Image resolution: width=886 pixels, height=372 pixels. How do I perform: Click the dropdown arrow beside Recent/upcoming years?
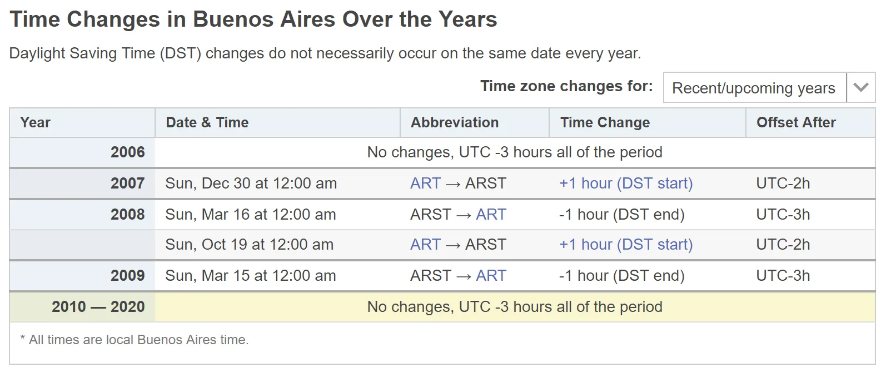point(860,87)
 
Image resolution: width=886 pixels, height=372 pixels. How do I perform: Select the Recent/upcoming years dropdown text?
point(754,88)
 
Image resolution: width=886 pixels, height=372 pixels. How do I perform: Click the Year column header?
point(35,123)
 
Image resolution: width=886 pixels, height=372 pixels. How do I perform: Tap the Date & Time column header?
point(207,123)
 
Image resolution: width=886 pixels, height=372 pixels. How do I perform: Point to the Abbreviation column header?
point(455,123)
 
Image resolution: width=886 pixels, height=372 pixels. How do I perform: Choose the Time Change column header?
point(605,123)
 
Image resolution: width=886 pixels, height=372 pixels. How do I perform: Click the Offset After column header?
point(796,123)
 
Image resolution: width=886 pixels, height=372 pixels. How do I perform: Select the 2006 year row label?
point(128,152)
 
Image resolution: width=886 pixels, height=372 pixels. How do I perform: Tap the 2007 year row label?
point(128,183)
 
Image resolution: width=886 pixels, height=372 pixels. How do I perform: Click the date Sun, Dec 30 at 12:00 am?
point(251,183)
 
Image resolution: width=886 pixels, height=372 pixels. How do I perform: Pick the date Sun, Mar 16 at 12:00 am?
point(250,215)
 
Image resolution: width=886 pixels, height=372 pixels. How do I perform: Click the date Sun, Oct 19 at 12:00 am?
point(249,245)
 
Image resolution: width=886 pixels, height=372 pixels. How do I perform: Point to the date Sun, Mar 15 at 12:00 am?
point(250,275)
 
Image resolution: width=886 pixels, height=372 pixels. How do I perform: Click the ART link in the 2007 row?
point(425,183)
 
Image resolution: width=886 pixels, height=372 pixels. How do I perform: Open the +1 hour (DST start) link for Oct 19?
point(626,245)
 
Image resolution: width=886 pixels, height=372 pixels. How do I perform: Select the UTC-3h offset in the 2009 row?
point(783,275)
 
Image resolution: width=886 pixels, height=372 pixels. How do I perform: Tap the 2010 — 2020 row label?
point(98,307)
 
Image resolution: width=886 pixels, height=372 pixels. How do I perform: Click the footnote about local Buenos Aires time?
point(135,340)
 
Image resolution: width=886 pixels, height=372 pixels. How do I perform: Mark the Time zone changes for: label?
point(566,86)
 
